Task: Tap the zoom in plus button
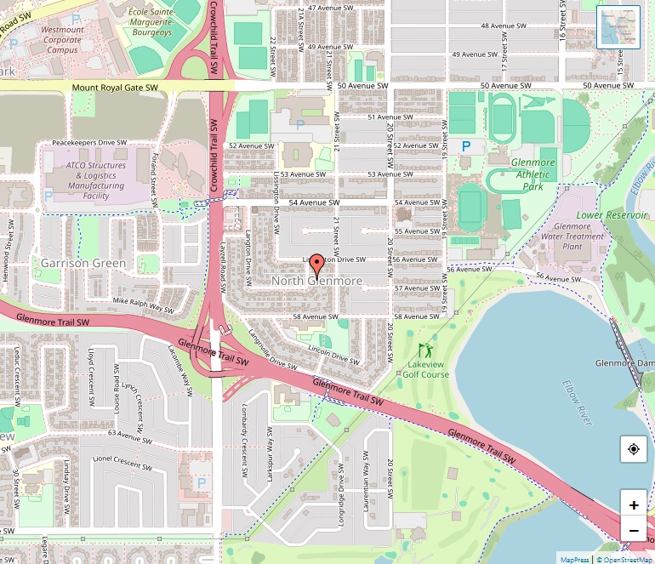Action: pos(634,504)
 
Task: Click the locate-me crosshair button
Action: pos(634,449)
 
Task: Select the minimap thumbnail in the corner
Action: pos(618,27)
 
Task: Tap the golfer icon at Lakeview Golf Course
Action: pos(425,350)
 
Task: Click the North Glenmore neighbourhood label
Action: pos(316,281)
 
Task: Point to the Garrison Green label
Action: pos(83,264)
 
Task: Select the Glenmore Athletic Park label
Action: pos(533,174)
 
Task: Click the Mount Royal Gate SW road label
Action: pos(115,88)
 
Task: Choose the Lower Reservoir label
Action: pos(607,215)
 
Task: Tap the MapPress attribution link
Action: pos(575,559)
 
